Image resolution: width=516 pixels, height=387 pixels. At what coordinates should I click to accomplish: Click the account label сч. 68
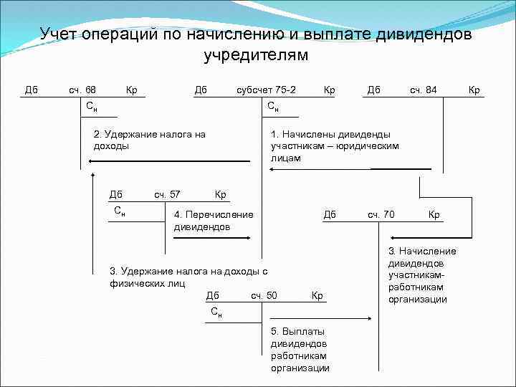(82, 90)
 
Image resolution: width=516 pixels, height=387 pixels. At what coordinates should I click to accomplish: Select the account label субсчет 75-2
(267, 90)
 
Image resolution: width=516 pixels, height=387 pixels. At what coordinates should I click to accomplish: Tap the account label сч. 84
(423, 90)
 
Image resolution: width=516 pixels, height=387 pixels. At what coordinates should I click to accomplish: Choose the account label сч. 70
(381, 214)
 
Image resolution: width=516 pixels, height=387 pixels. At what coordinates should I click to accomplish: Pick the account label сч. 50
(264, 295)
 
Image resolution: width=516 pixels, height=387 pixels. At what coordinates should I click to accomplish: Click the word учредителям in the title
(256, 55)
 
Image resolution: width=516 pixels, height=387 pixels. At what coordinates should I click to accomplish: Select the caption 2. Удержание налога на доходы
(150, 140)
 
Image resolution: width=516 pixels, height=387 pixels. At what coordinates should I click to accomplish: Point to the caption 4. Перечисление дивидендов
(214, 221)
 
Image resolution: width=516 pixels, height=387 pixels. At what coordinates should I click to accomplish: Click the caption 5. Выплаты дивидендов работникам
(300, 350)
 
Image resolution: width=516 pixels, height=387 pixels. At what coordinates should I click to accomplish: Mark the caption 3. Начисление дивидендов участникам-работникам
(422, 274)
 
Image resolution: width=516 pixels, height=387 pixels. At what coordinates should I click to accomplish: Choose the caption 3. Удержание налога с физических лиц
(188, 277)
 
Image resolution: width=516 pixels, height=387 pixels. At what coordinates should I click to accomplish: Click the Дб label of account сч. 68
(32, 90)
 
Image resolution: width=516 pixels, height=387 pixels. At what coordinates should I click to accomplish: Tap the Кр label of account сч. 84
(474, 90)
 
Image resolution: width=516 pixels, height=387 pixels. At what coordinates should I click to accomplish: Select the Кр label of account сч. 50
(317, 295)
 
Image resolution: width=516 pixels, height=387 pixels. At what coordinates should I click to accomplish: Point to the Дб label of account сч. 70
(330, 214)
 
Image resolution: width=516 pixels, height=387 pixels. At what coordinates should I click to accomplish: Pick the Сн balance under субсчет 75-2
(273, 107)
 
